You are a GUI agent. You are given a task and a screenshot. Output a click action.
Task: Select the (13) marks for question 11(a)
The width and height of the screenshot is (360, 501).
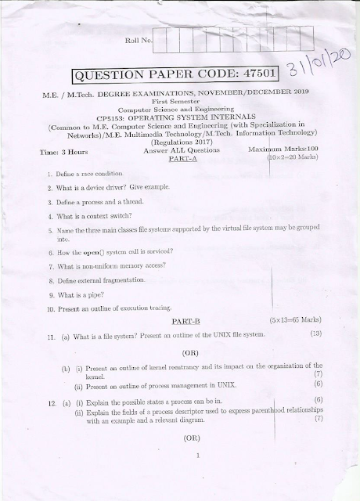click(316, 335)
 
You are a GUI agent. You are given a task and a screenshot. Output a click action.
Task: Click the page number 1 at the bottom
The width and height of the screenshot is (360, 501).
click(200, 455)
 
